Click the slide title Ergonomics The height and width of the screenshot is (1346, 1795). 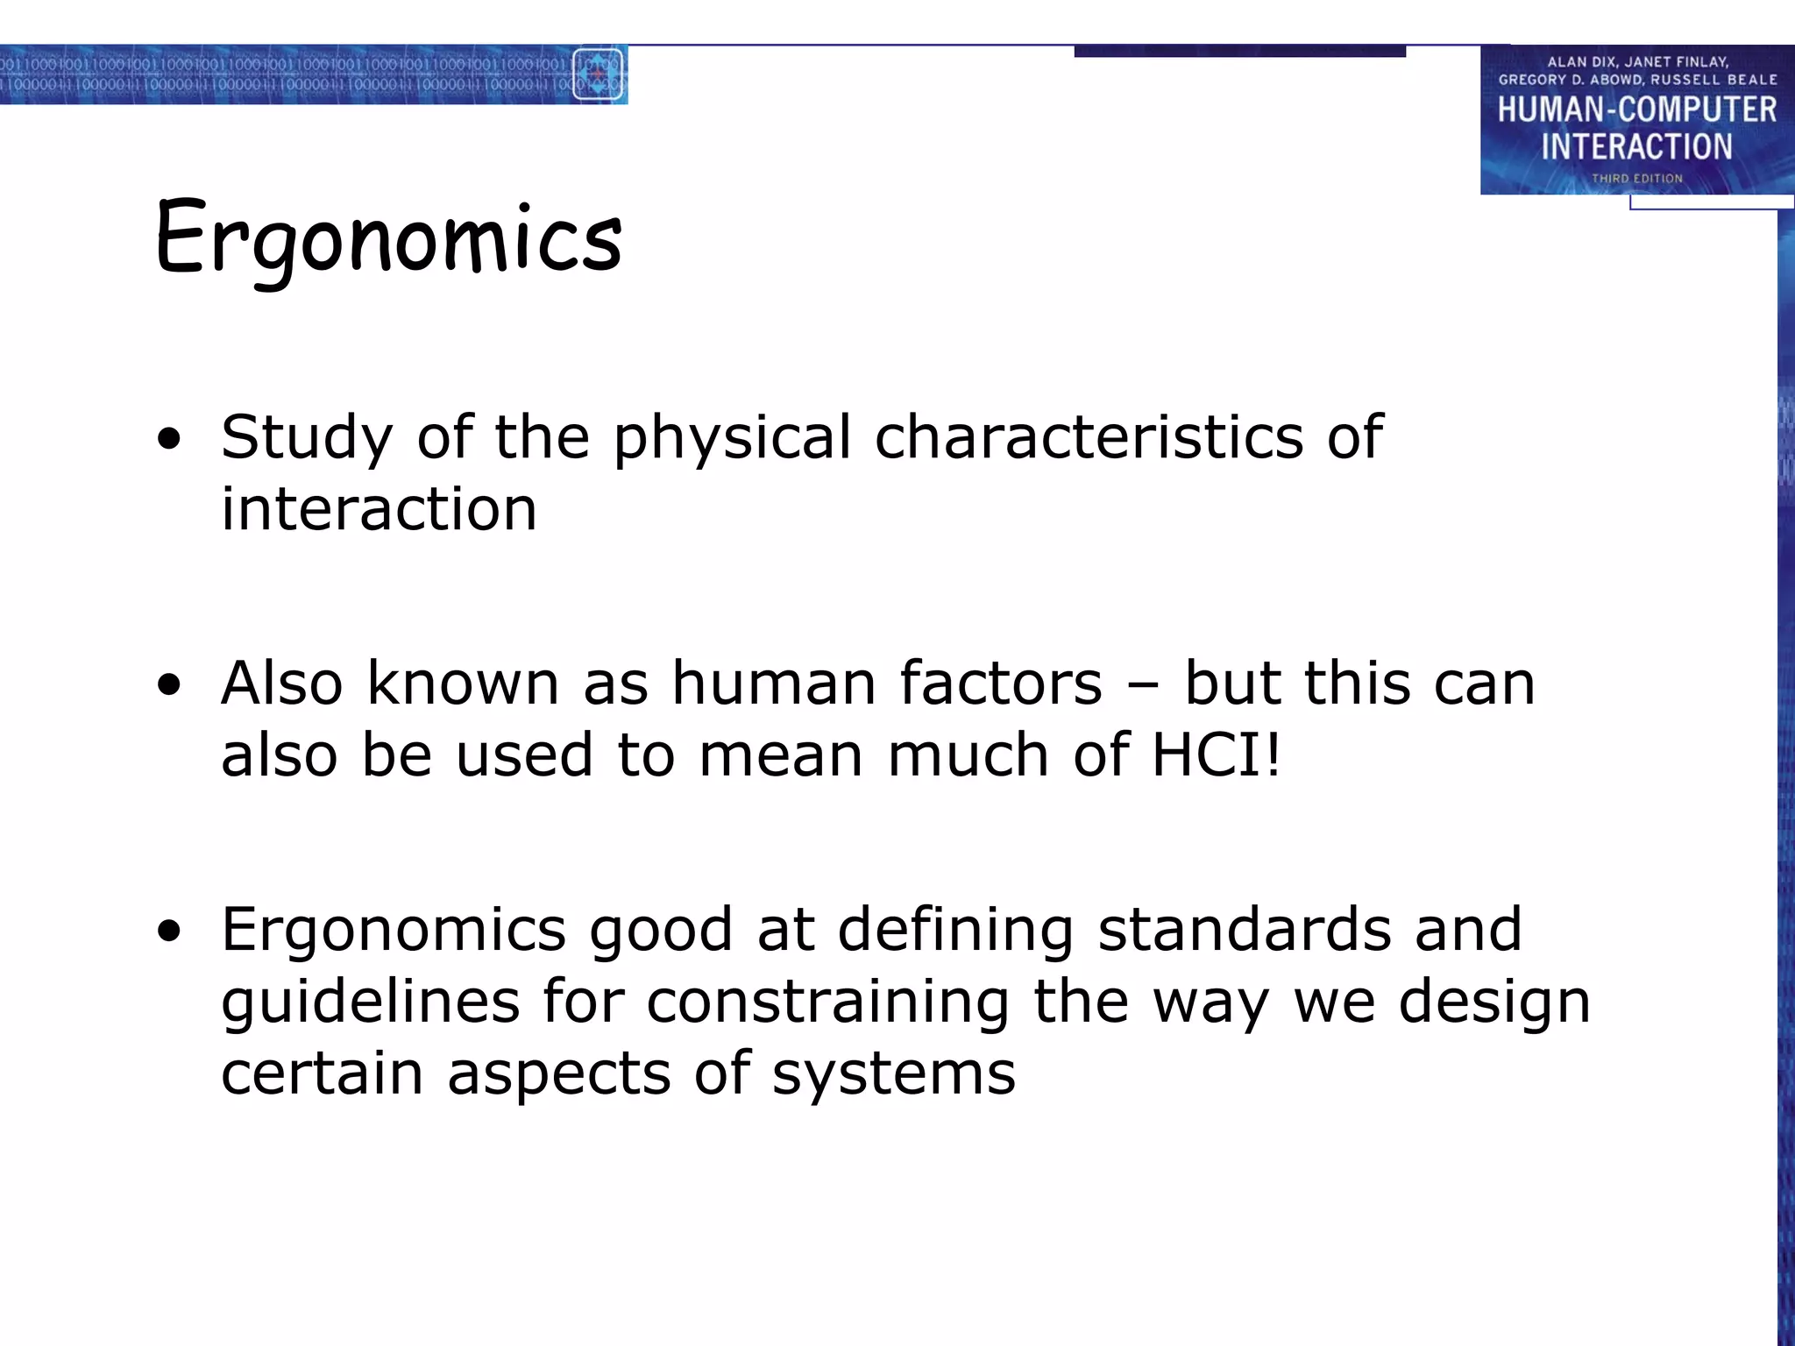(388, 238)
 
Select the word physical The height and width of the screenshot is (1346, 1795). (732, 437)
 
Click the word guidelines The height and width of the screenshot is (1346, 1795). (370, 1002)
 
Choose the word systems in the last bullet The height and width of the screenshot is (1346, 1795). (894, 1073)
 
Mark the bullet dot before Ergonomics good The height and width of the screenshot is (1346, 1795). (169, 931)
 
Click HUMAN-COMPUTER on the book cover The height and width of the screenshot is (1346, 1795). (1636, 110)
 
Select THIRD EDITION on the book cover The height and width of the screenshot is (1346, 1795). (1637, 178)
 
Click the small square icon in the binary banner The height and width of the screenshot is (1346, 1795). (598, 74)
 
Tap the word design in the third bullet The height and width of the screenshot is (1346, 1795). (1493, 1002)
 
